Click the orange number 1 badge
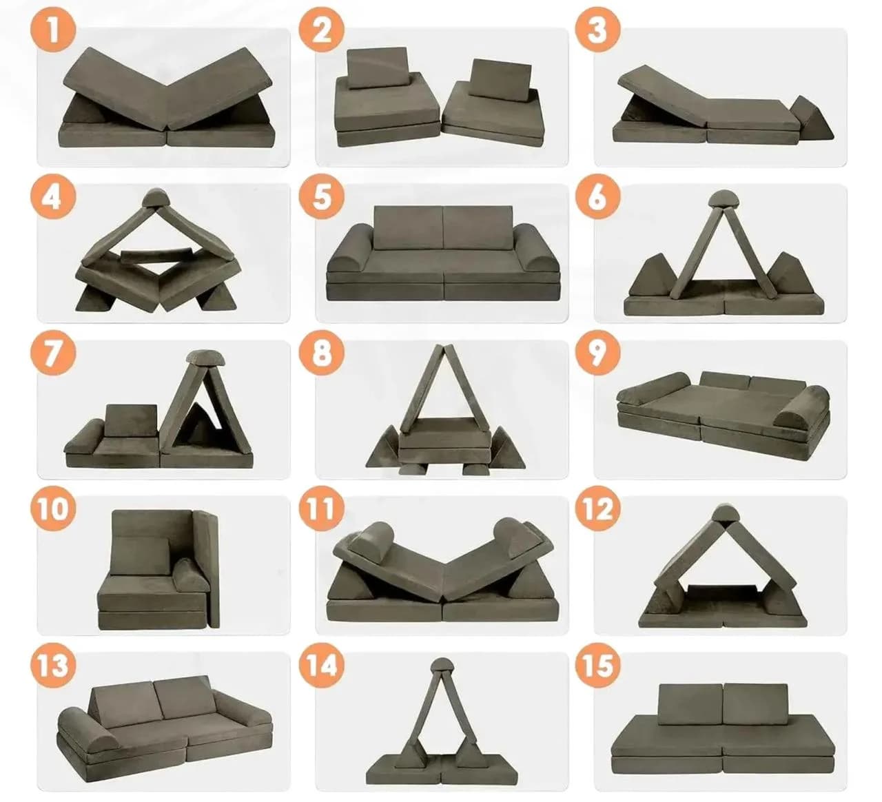pyautogui.click(x=52, y=30)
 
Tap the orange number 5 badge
pyautogui.click(x=321, y=197)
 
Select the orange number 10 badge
pyautogui.click(x=52, y=509)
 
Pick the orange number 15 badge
pyautogui.click(x=597, y=666)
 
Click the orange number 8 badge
pyautogui.click(x=321, y=353)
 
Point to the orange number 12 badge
pyautogui.click(x=597, y=509)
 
